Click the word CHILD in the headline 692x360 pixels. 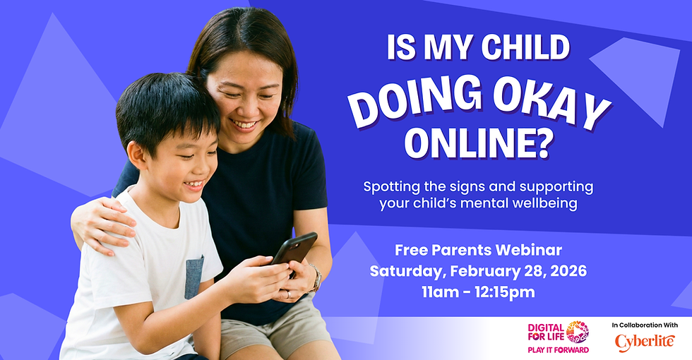(x=525, y=47)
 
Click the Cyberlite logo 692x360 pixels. (x=645, y=342)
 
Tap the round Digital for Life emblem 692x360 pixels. (x=578, y=332)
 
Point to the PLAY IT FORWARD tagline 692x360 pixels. (x=559, y=350)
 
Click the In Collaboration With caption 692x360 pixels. (x=645, y=325)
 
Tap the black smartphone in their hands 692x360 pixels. (x=294, y=250)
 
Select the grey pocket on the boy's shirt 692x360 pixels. (x=193, y=277)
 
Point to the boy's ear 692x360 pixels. (x=136, y=157)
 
